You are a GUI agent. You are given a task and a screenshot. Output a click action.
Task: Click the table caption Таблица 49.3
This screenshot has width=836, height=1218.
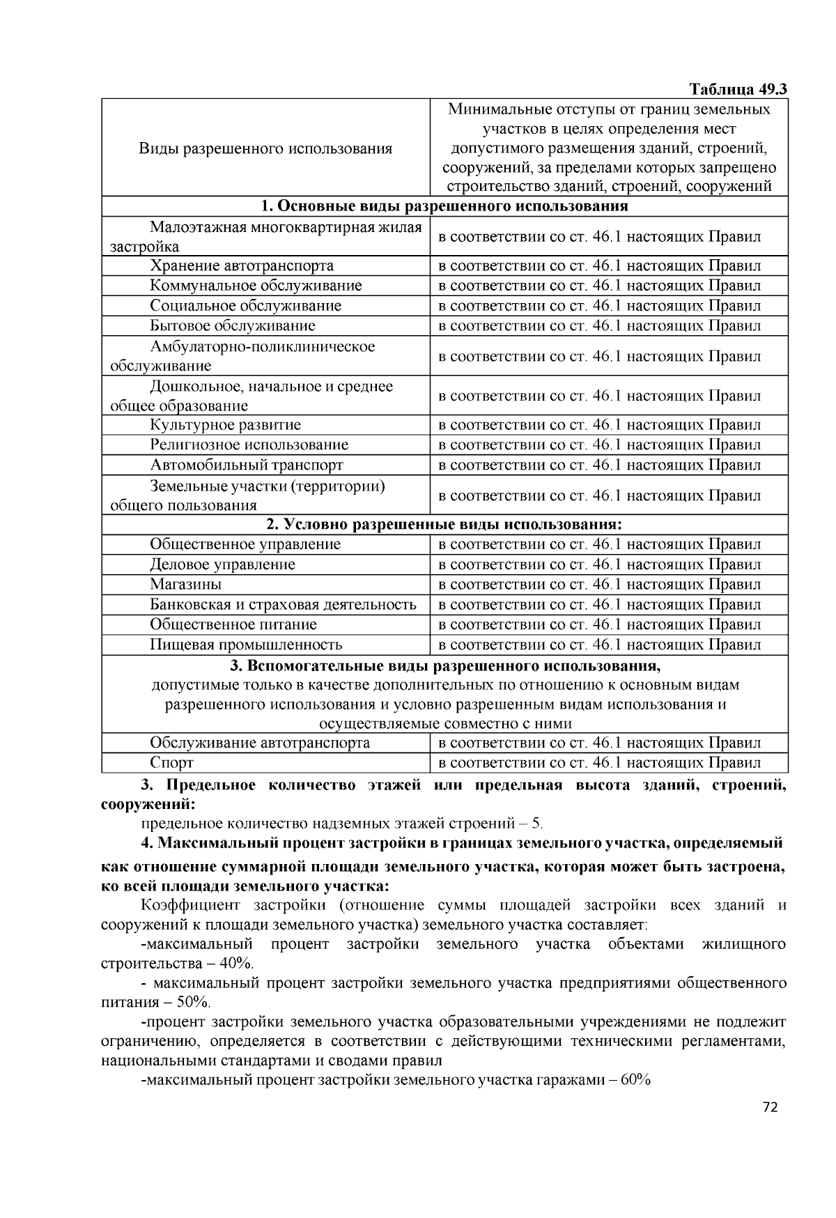[738, 90]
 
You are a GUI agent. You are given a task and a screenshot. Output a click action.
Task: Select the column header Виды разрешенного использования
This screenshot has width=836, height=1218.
[265, 148]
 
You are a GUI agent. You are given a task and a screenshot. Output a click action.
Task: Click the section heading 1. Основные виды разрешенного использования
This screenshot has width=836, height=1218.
[444, 206]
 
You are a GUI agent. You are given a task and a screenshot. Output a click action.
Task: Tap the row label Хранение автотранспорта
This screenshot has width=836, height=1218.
[242, 265]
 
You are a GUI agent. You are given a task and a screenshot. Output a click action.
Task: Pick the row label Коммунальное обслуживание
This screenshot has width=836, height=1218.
[256, 286]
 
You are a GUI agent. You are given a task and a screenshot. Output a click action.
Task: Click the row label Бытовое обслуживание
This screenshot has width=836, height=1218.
[233, 325]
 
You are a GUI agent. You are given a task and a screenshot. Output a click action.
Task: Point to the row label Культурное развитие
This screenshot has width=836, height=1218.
[226, 425]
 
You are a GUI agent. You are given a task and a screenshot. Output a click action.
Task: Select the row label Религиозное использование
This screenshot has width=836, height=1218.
[249, 445]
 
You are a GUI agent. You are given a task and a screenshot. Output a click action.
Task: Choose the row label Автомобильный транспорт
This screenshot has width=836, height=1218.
[247, 465]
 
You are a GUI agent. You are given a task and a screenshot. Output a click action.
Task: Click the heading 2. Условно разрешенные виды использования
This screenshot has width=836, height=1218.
[444, 524]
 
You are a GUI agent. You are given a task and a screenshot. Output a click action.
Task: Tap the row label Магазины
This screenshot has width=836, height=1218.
[186, 585]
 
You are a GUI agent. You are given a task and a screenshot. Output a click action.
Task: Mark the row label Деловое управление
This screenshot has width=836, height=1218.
[223, 564]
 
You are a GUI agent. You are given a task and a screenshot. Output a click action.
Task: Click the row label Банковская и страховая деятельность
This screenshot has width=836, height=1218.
[283, 605]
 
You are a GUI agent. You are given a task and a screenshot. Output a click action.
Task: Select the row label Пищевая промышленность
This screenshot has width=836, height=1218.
[247, 645]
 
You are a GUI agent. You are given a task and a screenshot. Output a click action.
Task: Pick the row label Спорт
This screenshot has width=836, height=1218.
[172, 763]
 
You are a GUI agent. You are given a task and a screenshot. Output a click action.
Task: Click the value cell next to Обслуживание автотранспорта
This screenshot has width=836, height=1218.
[600, 743]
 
